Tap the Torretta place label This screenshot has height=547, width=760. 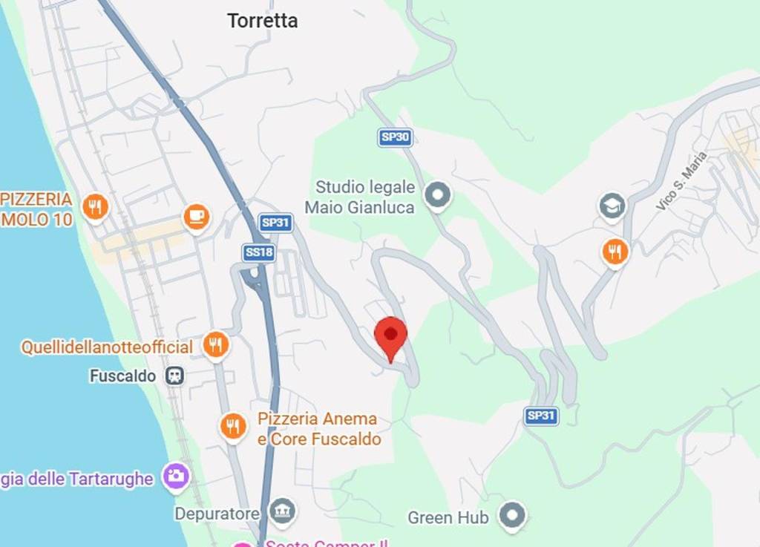point(263,21)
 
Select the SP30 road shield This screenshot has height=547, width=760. point(395,137)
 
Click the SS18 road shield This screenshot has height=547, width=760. point(259,253)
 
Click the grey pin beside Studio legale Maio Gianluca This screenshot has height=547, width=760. point(437,195)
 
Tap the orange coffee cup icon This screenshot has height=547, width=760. point(196,217)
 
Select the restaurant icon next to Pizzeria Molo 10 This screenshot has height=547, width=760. point(94,206)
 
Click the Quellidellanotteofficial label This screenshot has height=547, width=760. point(107,347)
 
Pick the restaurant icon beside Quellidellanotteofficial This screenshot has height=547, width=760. point(215,345)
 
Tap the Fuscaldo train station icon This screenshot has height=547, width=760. point(175,376)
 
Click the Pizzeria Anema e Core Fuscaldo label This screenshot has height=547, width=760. point(319,429)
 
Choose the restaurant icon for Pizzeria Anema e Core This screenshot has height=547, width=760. point(234,427)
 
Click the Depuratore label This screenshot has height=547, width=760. point(217,514)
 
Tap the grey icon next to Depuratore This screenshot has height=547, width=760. point(282,511)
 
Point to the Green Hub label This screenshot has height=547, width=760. point(448,517)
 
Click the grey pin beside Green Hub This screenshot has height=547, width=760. point(512,515)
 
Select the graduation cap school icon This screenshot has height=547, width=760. point(612,207)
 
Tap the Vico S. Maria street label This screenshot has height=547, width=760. point(681,181)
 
